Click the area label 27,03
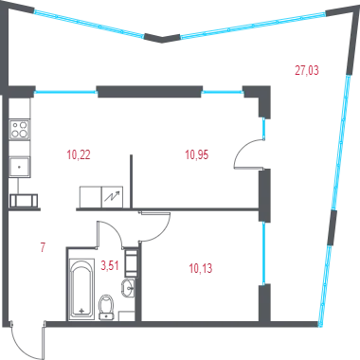coord(307,70)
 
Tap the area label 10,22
coord(79,155)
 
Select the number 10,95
coord(197,155)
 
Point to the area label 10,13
coord(201,268)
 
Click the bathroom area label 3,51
coord(110,265)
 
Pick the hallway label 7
coord(44,247)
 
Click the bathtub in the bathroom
coord(81,289)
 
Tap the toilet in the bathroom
coord(106,307)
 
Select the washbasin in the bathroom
coord(128,288)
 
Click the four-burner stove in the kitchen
coord(20,130)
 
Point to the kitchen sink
coord(20,167)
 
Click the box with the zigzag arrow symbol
coord(112,197)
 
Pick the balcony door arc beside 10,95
coord(241,152)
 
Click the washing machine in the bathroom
coord(131,262)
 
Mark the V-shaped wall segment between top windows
coord(162,38)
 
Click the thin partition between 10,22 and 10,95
coord(131,181)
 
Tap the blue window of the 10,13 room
coord(264,253)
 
